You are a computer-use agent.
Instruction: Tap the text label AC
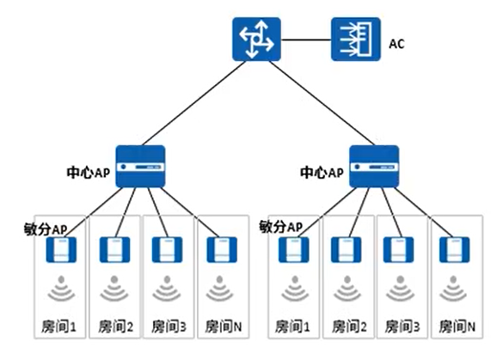point(397,41)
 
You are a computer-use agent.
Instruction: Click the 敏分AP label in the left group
point(46,229)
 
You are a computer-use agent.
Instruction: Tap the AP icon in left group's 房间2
point(114,250)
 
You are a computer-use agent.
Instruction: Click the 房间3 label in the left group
point(167,326)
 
